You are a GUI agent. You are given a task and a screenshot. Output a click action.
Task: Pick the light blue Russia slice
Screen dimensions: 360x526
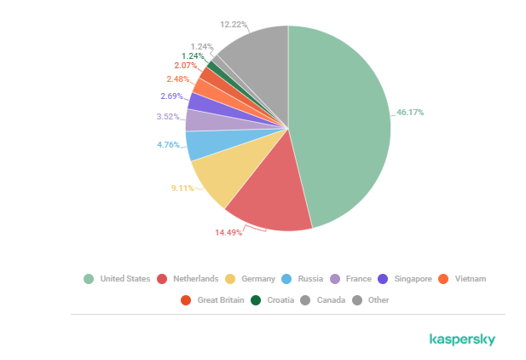(x=200, y=145)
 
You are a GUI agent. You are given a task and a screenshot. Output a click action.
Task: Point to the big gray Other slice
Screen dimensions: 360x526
(x=256, y=60)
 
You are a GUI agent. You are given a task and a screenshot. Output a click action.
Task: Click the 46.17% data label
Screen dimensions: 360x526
(x=410, y=112)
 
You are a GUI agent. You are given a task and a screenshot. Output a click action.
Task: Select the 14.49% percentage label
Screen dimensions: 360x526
(x=228, y=233)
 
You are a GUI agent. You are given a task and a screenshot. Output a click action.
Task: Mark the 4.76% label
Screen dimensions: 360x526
(x=168, y=144)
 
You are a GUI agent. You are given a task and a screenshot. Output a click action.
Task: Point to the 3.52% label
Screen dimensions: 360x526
(x=168, y=116)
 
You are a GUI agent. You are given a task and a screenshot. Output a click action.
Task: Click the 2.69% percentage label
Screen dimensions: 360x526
(x=172, y=96)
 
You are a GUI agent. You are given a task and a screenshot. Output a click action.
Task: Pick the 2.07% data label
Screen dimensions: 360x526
(x=186, y=66)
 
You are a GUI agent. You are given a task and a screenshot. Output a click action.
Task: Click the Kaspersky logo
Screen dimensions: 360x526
(x=462, y=340)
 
